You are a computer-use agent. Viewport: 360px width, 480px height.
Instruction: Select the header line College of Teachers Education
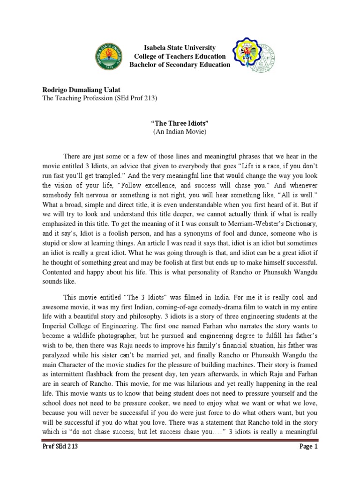tap(180, 56)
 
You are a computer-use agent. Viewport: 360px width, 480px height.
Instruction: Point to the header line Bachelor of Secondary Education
tap(180, 65)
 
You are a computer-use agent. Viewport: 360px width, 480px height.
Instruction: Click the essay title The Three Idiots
tap(180, 123)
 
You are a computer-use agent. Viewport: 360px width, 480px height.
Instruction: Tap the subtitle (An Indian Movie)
tap(180, 132)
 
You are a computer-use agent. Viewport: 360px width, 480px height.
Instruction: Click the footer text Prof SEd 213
tap(60, 460)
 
